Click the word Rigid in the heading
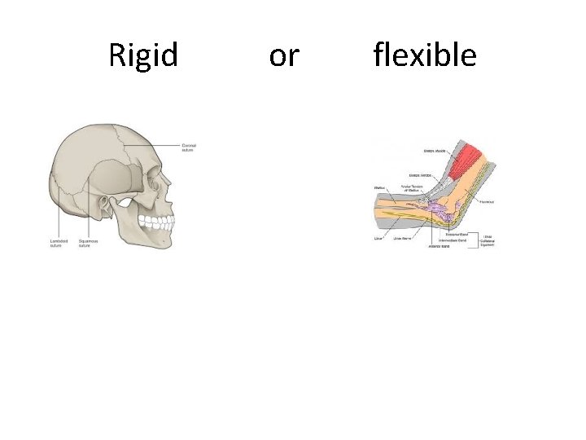click(x=143, y=55)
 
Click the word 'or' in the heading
click(x=284, y=55)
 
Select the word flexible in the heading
click(x=425, y=55)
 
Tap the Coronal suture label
click(x=189, y=147)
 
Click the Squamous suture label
click(x=88, y=243)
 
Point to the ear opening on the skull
click(x=107, y=201)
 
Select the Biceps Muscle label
click(x=434, y=150)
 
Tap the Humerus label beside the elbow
click(x=488, y=200)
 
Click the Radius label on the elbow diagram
click(x=379, y=188)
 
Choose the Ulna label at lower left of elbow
click(x=378, y=240)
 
